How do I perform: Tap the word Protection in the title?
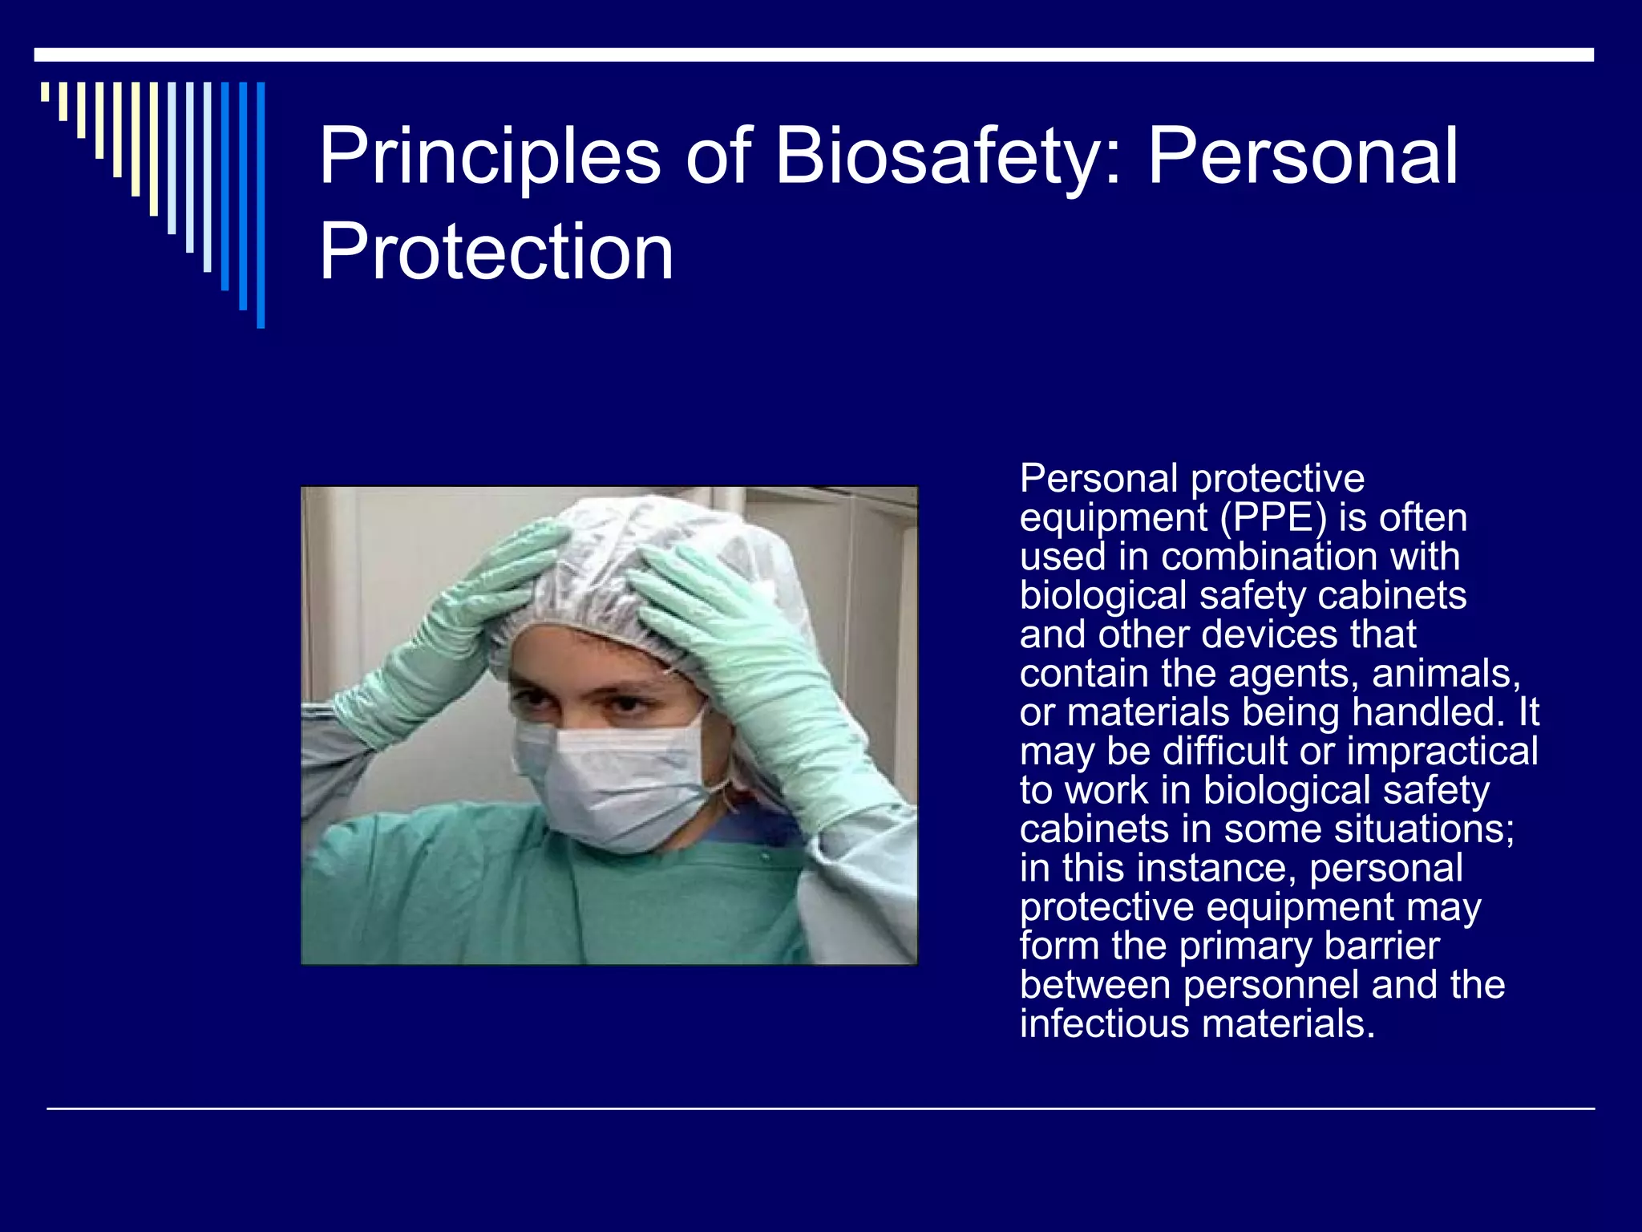coord(496,253)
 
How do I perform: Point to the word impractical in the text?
coord(1442,752)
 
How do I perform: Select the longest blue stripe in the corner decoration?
coord(261,205)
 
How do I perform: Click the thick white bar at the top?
coord(813,55)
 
